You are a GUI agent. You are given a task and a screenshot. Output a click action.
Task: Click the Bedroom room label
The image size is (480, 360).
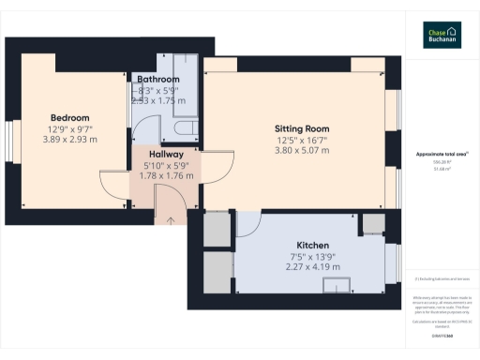coord(69,117)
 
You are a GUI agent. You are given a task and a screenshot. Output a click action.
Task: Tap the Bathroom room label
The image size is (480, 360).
coord(158,79)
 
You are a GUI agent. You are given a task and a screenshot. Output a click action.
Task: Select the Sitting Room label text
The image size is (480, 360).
coord(302,128)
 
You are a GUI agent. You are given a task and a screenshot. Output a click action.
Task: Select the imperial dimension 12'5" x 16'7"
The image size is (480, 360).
coord(302,139)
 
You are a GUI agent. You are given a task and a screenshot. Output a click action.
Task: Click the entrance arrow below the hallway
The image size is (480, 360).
coord(170,220)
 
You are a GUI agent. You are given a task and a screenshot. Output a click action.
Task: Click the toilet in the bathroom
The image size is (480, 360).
coord(182,127)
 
